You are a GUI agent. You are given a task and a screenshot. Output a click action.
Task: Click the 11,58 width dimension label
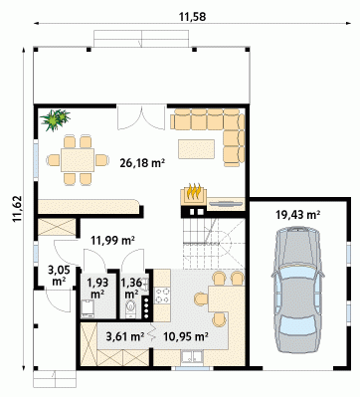[192, 17]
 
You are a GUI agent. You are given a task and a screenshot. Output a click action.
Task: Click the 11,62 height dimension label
[17, 209]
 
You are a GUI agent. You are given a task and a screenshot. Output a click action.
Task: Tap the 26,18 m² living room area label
[143, 162]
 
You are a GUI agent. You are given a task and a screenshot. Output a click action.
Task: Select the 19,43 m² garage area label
[298, 215]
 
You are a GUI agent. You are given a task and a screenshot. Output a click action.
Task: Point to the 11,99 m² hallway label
[113, 240]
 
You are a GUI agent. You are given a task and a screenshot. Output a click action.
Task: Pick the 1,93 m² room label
[97, 289]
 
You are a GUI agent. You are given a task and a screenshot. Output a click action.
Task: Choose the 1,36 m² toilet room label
[131, 289]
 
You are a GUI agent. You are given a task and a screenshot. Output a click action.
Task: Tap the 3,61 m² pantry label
[125, 336]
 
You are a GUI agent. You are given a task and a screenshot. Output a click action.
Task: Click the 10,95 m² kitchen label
[186, 336]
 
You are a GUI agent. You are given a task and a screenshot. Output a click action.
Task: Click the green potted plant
[55, 119]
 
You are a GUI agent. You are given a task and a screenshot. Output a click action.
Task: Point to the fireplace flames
[194, 192]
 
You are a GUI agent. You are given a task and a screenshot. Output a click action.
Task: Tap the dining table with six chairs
[78, 160]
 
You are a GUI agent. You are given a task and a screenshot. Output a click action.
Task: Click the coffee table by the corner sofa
[196, 149]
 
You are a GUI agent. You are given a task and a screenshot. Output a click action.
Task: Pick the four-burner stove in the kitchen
[163, 296]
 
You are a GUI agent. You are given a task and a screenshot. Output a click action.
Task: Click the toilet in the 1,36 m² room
[131, 307]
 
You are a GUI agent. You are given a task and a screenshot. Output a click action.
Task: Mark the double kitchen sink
[192, 357]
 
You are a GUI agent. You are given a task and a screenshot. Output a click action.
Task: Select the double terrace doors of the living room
[141, 117]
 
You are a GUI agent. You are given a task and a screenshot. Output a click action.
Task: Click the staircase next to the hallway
[214, 244]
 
